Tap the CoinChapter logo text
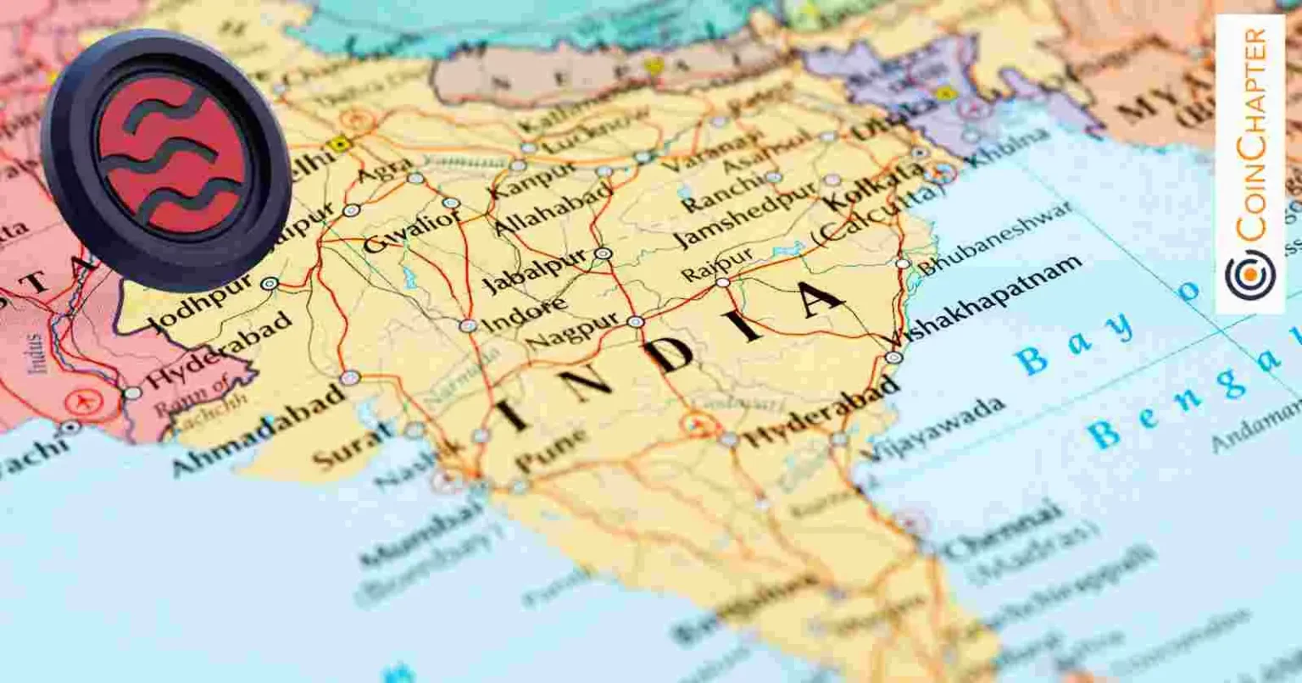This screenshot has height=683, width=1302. (1251, 136)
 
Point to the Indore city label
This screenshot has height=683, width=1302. (525, 314)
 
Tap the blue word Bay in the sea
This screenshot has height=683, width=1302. (1075, 341)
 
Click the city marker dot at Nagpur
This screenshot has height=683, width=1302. (635, 322)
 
